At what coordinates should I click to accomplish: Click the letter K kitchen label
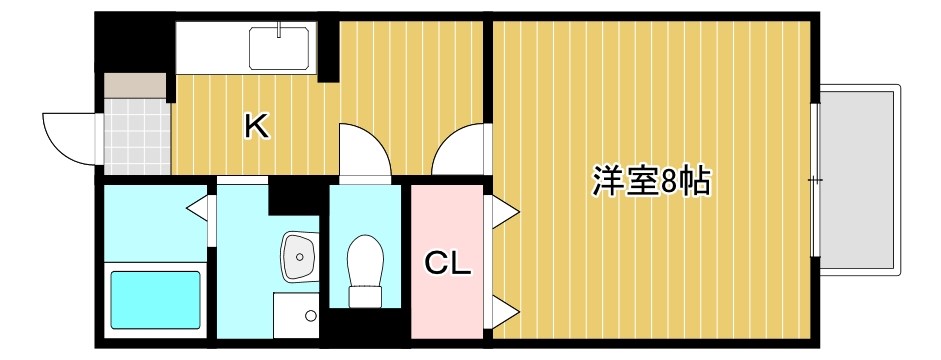[256, 126]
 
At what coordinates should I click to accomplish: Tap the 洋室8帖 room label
[651, 181]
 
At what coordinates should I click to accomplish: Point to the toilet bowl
[363, 262]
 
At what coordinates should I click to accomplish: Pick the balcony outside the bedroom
[860, 180]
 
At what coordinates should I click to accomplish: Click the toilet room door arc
[364, 151]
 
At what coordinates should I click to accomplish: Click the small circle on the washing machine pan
[311, 316]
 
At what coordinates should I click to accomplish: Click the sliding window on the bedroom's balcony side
[816, 180]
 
